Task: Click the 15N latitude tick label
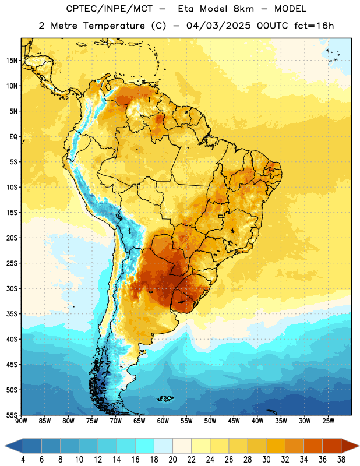[12, 61]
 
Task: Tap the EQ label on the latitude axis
[13, 137]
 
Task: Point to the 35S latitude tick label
[12, 314]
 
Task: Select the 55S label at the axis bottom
[12, 415]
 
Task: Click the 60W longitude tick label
[163, 421]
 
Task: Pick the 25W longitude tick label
[328, 421]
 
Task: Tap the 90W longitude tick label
[21, 421]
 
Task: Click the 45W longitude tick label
[234, 421]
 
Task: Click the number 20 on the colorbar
[172, 460]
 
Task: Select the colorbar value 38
[341, 460]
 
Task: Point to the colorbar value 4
[23, 460]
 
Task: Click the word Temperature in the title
[114, 26]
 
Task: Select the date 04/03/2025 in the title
[218, 26]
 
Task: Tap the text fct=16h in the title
[314, 26]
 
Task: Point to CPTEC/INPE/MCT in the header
[109, 9]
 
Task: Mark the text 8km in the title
[243, 9]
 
